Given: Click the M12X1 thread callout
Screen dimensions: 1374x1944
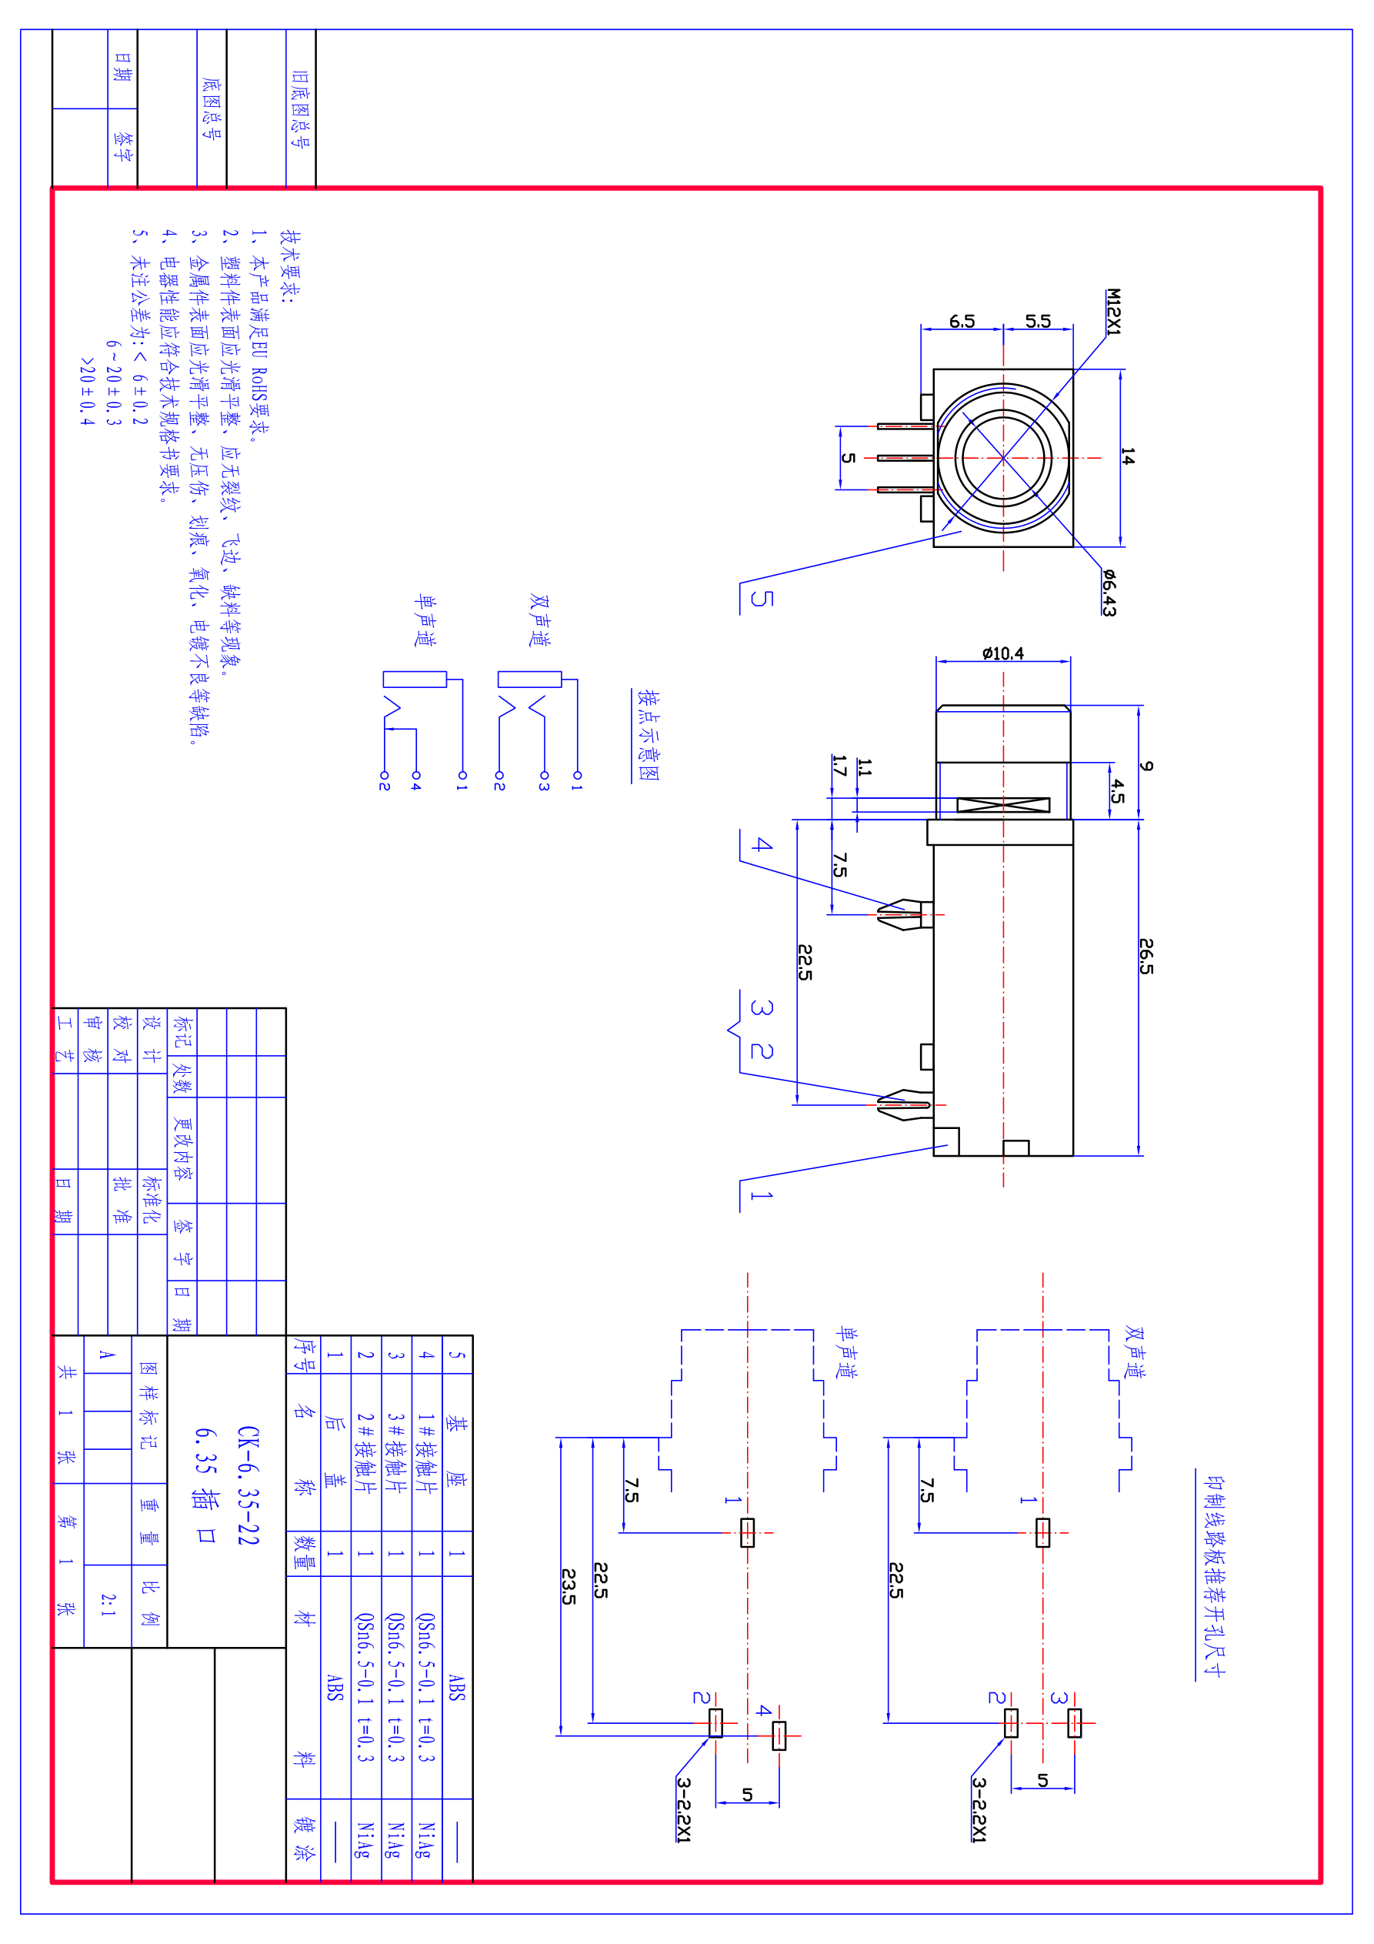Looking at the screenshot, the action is [x=1113, y=312].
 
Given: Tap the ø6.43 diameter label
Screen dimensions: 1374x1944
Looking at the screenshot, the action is [x=1109, y=592].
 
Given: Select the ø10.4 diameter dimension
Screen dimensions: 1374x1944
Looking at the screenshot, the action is [x=1002, y=653].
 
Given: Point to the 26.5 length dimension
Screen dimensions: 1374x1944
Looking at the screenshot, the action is [x=1146, y=956].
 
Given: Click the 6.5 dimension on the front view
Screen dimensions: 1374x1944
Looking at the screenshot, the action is [x=962, y=321].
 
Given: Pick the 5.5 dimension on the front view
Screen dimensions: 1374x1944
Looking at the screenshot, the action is [x=1038, y=321].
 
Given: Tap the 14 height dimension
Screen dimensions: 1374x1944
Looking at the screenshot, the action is [x=1128, y=456].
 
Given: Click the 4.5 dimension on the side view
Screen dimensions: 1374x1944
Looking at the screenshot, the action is [x=1118, y=791].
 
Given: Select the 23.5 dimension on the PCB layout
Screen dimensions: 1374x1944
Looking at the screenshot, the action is [x=569, y=1587].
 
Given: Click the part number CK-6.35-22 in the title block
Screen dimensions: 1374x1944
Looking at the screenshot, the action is [x=248, y=1485].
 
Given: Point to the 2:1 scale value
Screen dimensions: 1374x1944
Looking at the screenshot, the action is [x=108, y=1604].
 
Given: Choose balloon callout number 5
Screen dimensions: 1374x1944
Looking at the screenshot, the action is [x=762, y=599].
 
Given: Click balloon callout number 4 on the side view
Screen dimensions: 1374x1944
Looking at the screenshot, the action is [x=762, y=844].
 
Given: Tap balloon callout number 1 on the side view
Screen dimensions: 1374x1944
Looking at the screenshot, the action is [x=761, y=1194].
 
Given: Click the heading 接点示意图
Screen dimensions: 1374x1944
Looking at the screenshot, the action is [x=648, y=735].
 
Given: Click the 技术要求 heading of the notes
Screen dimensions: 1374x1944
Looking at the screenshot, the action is [x=290, y=265].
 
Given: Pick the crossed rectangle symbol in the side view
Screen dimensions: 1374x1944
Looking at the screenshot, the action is [x=1003, y=804].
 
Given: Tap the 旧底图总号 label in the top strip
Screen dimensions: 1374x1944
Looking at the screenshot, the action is [x=300, y=109].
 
